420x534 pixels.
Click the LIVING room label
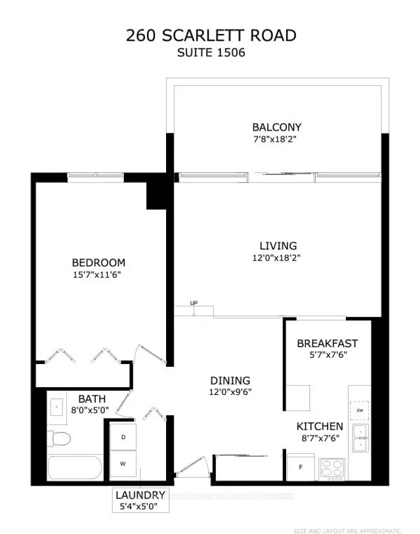[x=276, y=246]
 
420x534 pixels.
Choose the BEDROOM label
[x=98, y=263]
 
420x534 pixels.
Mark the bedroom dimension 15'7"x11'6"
[x=98, y=275]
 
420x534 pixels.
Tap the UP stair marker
[x=194, y=303]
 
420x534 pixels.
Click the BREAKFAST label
[x=327, y=343]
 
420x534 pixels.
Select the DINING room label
[x=230, y=380]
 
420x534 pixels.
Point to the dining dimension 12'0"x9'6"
[x=230, y=392]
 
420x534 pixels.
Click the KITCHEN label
[x=319, y=426]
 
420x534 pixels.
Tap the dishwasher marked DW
[x=360, y=410]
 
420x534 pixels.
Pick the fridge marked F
[x=301, y=467]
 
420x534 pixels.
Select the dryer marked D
[x=122, y=436]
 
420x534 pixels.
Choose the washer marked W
[x=122, y=462]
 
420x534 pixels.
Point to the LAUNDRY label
[x=140, y=495]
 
